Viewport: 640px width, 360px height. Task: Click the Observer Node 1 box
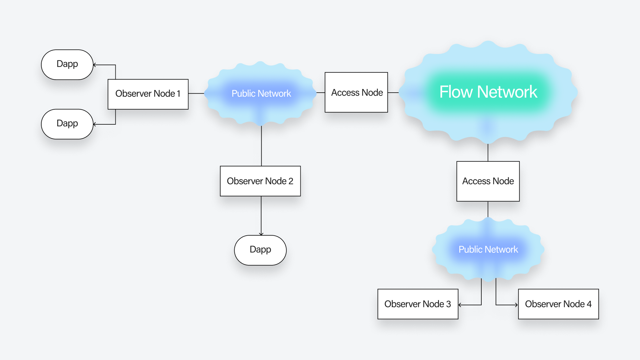[x=148, y=94]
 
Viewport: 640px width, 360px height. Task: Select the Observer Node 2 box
[x=260, y=181]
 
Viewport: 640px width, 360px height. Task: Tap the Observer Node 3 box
[x=418, y=304]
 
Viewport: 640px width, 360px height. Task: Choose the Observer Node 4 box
[x=558, y=304]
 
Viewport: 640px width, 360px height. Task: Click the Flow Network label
[x=488, y=92]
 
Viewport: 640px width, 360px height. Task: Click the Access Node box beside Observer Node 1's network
[x=356, y=92]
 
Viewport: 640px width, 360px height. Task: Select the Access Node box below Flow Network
[x=488, y=181]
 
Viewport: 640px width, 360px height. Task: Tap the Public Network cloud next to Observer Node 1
[x=261, y=93]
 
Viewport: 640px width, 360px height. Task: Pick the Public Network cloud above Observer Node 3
[x=488, y=249]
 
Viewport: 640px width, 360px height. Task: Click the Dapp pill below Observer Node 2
[x=260, y=250]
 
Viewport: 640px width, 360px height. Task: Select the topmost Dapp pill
[x=67, y=64]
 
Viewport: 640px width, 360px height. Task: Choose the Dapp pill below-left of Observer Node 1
[x=67, y=124]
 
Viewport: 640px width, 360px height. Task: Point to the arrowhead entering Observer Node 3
[x=460, y=305]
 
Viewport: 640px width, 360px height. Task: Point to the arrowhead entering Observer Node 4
[x=516, y=305]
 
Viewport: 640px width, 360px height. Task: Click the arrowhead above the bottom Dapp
[x=261, y=234]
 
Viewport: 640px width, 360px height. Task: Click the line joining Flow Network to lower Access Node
[x=488, y=153]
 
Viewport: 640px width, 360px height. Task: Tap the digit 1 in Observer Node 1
[x=179, y=94]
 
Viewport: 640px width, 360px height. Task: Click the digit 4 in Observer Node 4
[x=589, y=304]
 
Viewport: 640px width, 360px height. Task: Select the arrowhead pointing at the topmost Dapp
[x=95, y=65]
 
